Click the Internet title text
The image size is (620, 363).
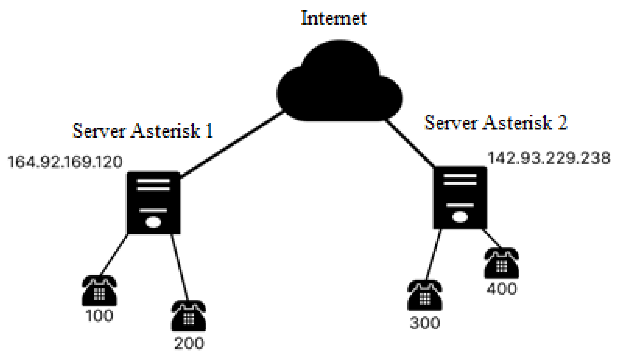pyautogui.click(x=334, y=18)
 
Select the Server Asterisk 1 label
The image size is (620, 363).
pyautogui.click(x=143, y=131)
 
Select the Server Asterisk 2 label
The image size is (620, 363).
pyautogui.click(x=496, y=123)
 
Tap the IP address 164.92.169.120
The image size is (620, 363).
pyautogui.click(x=65, y=162)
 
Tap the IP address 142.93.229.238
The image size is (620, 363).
pyautogui.click(x=549, y=158)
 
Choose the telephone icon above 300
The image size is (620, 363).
pyautogui.click(x=425, y=296)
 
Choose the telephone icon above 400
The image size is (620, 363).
pyautogui.click(x=501, y=263)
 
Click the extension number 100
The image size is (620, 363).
pyautogui.click(x=99, y=316)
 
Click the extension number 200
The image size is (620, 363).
pyautogui.click(x=189, y=343)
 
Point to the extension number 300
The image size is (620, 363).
pyautogui.click(x=425, y=323)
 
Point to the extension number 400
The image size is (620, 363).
pyautogui.click(x=501, y=289)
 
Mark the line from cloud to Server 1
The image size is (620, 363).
pyautogui.click(x=231, y=145)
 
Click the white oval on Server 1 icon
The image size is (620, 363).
pyautogui.click(x=153, y=222)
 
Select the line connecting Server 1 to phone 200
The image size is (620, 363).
pyautogui.click(x=180, y=267)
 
